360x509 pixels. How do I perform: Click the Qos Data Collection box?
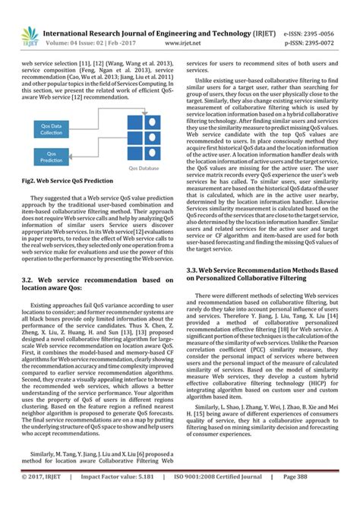[52, 128]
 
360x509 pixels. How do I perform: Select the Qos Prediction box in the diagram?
[52, 156]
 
